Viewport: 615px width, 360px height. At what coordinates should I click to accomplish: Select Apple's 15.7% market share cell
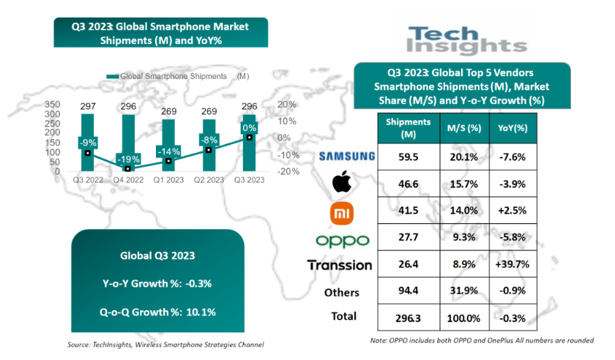pyautogui.click(x=463, y=183)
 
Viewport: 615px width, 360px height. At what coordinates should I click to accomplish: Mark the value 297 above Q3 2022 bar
pyautogui.click(x=88, y=107)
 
